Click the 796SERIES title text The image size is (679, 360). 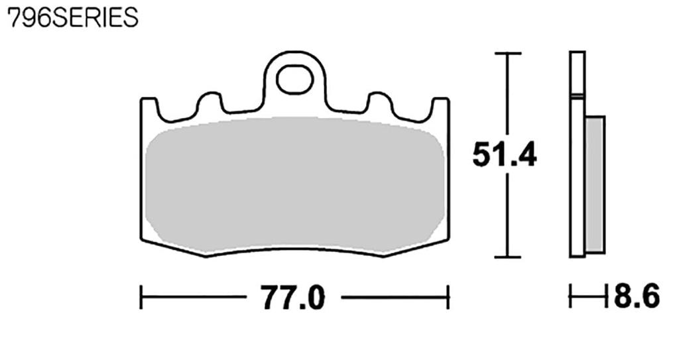(72, 18)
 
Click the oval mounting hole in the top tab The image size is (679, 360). (294, 80)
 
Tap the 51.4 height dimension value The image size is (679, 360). (504, 155)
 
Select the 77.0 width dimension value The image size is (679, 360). (293, 298)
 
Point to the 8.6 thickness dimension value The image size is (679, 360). (636, 297)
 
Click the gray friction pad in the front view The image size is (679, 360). (294, 186)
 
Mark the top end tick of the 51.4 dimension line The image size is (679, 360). (507, 52)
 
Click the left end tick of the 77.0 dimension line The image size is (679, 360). (141, 298)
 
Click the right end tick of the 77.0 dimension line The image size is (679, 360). (449, 298)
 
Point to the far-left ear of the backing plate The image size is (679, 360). (149, 106)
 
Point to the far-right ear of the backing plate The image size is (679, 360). (440, 106)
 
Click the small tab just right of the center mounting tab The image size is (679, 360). (379, 101)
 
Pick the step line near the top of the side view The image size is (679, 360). (578, 97)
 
